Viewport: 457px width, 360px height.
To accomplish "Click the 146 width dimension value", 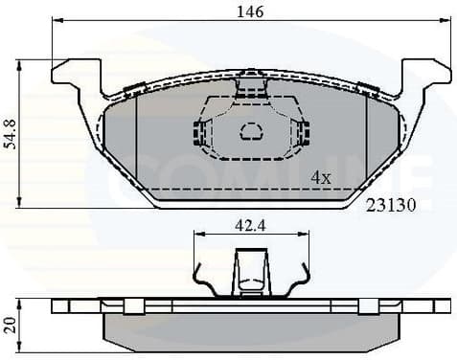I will (x=250, y=11).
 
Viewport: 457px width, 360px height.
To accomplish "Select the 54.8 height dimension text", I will (x=10, y=133).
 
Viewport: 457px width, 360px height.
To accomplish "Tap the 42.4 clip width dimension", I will (x=250, y=227).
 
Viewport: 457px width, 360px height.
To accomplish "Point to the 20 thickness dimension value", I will (x=10, y=325).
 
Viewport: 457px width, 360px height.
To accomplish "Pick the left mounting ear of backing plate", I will (x=75, y=75).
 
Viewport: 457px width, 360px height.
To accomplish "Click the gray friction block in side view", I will (x=251, y=328).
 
